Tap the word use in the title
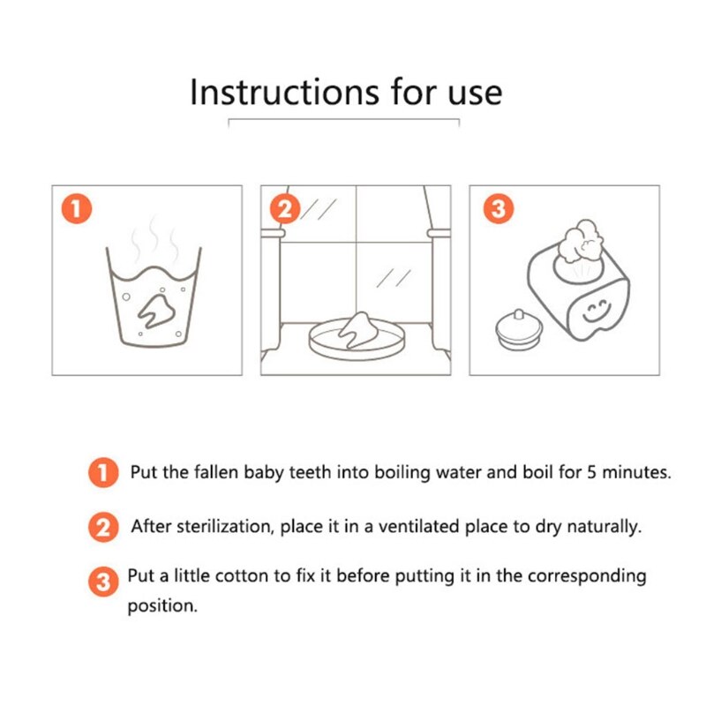(x=475, y=94)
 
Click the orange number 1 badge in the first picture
(x=77, y=208)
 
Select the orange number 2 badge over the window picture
(x=284, y=209)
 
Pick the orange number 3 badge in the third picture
(x=498, y=208)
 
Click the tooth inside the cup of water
(x=156, y=311)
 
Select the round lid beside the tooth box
(x=519, y=330)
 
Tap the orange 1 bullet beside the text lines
(x=103, y=473)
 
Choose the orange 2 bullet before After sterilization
(x=103, y=527)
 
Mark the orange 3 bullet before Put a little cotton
(x=103, y=582)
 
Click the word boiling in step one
(x=402, y=473)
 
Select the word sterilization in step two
(x=226, y=526)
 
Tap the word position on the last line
(x=162, y=606)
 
